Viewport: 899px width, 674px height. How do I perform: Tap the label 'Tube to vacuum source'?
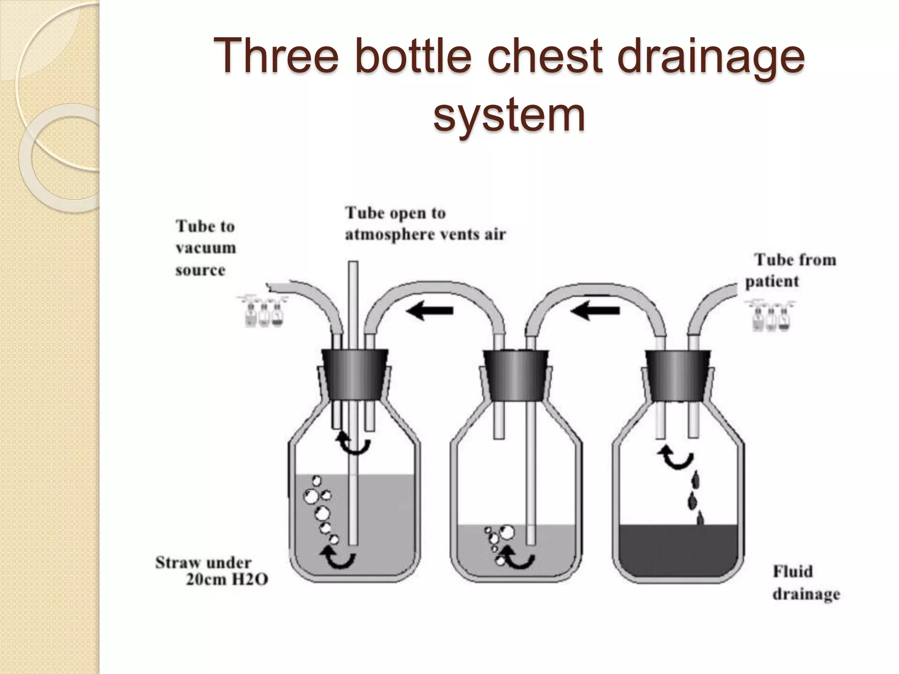tap(205, 248)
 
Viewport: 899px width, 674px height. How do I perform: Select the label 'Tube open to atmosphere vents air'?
tap(425, 223)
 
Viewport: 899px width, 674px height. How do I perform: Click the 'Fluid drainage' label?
tap(806, 583)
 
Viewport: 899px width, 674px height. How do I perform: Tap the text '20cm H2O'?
tap(227, 580)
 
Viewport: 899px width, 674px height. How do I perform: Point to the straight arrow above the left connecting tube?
tap(429, 311)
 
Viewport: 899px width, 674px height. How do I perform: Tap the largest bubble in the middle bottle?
tap(507, 532)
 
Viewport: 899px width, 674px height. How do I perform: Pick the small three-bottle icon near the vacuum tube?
tap(263, 312)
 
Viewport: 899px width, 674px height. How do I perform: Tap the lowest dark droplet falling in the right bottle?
tap(700, 519)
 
